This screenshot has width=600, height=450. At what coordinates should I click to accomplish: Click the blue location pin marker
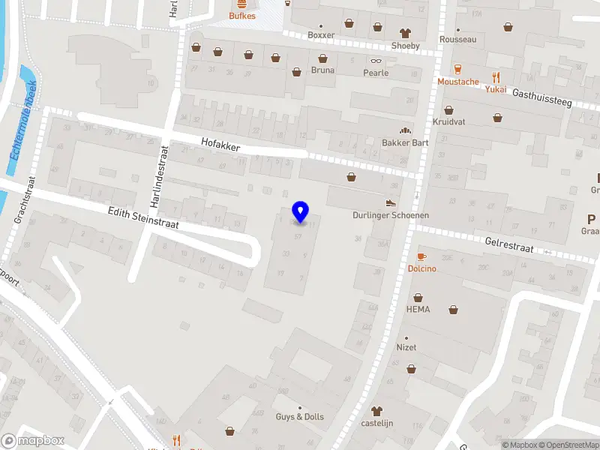point(301,212)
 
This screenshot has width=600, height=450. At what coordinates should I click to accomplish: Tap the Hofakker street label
point(220,144)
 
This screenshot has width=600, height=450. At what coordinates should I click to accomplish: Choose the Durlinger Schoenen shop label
point(391,215)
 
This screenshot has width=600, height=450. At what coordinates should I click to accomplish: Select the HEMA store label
point(418,309)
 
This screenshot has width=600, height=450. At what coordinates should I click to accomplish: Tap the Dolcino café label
point(421,268)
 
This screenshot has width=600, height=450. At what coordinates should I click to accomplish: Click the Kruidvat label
point(448,121)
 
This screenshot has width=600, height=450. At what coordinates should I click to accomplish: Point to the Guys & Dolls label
point(300,417)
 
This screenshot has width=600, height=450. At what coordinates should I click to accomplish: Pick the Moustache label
point(458,82)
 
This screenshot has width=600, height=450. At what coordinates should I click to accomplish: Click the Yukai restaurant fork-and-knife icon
point(496,76)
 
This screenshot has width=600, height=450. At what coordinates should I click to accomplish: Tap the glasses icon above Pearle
point(376,61)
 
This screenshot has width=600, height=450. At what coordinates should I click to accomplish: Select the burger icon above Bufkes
point(243,4)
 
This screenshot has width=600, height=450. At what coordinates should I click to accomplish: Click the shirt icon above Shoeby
point(406,32)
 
